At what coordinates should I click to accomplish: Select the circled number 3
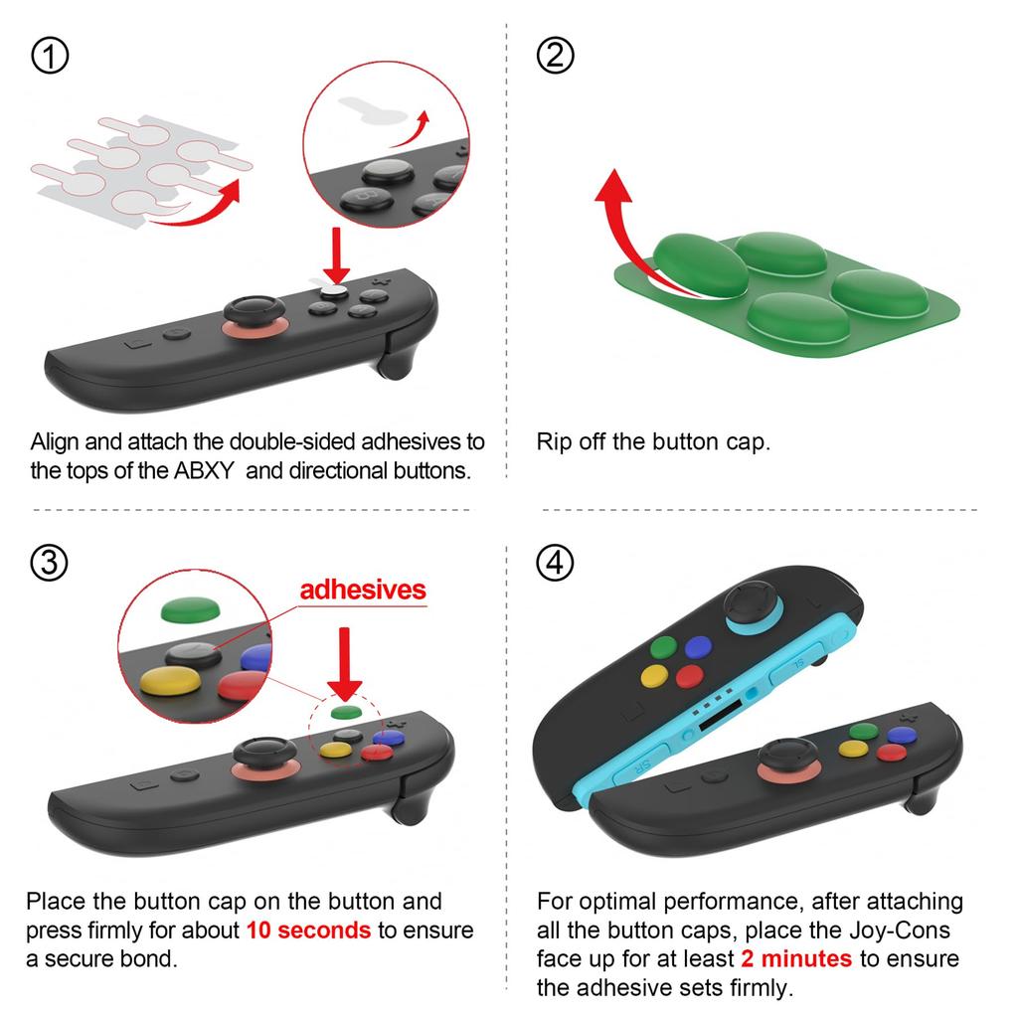pos(51,564)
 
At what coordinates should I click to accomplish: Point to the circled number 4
pos(555,564)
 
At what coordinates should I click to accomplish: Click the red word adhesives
pos(363,590)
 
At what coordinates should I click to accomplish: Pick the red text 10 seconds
pos(309,931)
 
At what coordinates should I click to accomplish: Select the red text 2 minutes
pos(796,958)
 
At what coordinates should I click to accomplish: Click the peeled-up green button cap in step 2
pos(700,264)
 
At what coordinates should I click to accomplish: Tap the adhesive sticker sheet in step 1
pos(139,164)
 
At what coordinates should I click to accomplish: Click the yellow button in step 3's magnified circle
pos(168,686)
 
